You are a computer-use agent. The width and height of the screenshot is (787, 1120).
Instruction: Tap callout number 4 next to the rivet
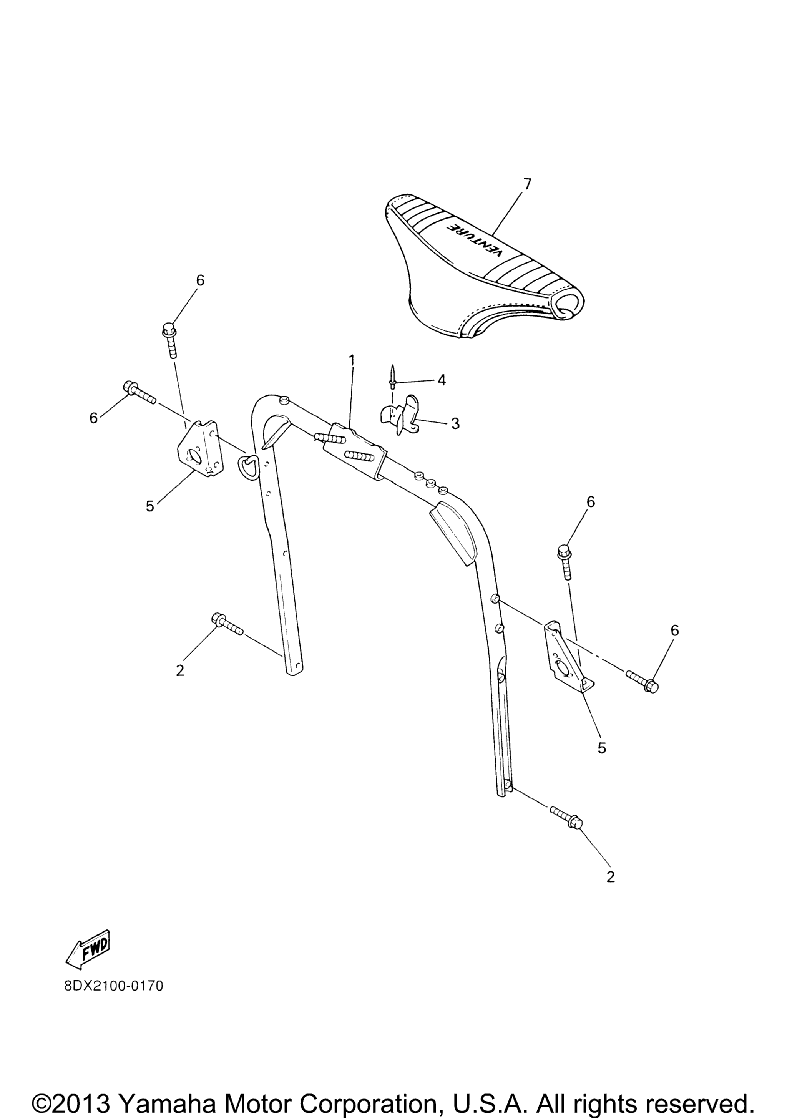441,380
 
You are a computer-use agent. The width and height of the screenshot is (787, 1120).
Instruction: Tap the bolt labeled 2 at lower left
227,624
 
